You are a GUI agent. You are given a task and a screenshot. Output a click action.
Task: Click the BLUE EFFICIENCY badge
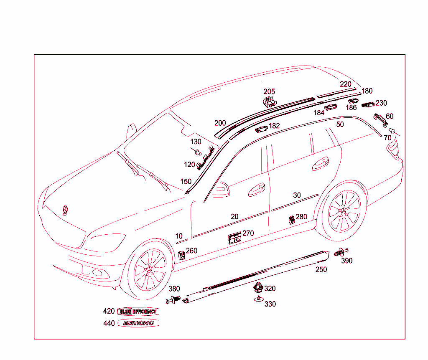click(x=138, y=311)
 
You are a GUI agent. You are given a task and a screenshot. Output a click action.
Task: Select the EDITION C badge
click(x=138, y=323)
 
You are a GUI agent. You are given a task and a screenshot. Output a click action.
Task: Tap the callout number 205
click(x=269, y=92)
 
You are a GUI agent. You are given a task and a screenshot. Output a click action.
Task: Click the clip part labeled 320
click(x=258, y=287)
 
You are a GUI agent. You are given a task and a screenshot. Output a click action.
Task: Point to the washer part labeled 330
click(x=258, y=299)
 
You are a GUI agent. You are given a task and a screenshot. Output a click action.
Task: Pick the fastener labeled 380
click(x=174, y=299)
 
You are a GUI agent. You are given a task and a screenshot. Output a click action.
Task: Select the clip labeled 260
click(x=182, y=255)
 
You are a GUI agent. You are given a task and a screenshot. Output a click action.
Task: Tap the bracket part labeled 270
click(x=234, y=238)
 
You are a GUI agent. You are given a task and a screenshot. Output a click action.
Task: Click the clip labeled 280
click(x=291, y=219)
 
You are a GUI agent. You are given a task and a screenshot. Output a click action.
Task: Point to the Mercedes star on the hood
click(x=66, y=210)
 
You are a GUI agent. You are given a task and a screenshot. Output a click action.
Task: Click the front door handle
click(x=256, y=190)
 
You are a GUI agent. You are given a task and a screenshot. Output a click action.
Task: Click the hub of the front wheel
click(x=149, y=271)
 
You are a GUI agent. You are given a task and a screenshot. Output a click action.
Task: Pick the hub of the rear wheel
click(x=344, y=212)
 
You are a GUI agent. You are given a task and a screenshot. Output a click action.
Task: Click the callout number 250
click(x=321, y=270)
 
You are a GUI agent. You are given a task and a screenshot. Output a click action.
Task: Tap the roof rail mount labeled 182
click(x=261, y=129)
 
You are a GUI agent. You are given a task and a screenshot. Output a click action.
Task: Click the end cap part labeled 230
click(x=368, y=105)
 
